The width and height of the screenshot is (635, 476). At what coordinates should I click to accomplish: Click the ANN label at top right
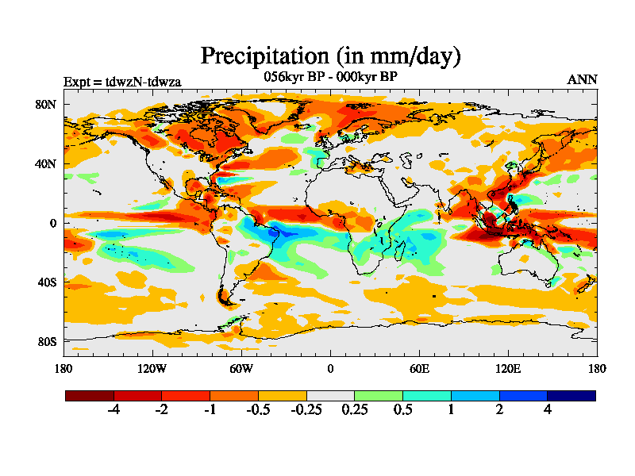pos(582,79)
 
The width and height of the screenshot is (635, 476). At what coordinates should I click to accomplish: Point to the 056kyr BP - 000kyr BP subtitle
pos(330,77)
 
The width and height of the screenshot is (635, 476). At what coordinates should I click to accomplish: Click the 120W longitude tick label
pos(152,368)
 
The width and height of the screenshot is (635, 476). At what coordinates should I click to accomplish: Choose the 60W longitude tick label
pos(241,368)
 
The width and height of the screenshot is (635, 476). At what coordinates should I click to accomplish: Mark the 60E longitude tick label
pos(419,368)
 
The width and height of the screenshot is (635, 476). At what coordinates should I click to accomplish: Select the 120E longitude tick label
pos(508,368)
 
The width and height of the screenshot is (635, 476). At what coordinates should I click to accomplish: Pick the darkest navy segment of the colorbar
pos(571,395)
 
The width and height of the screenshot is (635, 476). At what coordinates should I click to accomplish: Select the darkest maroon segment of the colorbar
pos(90,395)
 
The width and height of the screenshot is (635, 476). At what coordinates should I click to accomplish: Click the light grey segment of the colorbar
pos(330,395)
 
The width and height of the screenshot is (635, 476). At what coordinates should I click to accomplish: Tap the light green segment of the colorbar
pos(379,395)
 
